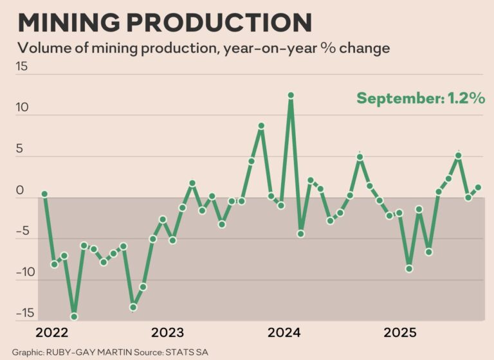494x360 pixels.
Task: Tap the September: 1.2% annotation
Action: click(x=421, y=98)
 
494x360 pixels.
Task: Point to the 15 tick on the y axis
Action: click(x=23, y=67)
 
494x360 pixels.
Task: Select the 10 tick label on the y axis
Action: click(x=23, y=108)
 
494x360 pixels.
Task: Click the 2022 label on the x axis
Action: click(x=52, y=332)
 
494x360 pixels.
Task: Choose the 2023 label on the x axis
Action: click(x=167, y=332)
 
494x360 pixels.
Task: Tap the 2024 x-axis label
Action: click(x=284, y=332)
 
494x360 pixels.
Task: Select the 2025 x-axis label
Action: click(x=400, y=332)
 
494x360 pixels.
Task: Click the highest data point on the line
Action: click(x=291, y=95)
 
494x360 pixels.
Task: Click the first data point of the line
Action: click(x=44, y=194)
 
